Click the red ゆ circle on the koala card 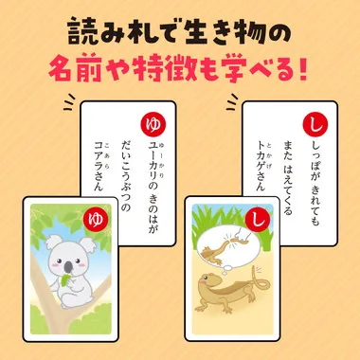[x=93, y=220]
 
